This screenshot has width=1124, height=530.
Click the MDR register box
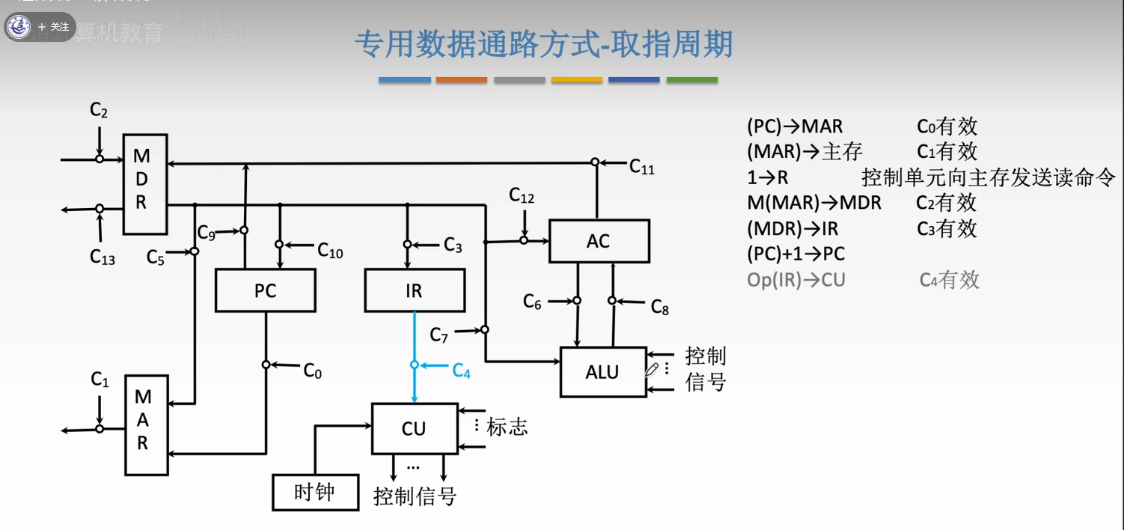coord(145,183)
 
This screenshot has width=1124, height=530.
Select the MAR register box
coord(146,424)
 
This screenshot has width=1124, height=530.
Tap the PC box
coord(265,290)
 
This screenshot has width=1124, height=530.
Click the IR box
coord(414,290)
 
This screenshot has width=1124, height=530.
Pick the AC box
coord(599,241)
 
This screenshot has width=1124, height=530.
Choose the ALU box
coord(602,372)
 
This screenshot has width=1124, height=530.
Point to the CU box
coord(414,428)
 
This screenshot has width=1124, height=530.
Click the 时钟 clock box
coord(314,492)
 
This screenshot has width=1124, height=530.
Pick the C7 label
coord(439,335)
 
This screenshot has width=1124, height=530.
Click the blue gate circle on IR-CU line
coord(414,365)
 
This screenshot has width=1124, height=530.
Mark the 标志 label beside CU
coord(507,427)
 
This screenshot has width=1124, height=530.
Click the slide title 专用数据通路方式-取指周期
coord(543,45)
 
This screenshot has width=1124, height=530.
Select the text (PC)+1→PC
coord(795,254)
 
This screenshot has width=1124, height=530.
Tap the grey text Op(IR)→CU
coord(796,280)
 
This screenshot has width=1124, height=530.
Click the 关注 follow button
coord(54,27)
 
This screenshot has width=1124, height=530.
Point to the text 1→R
coord(768,177)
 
